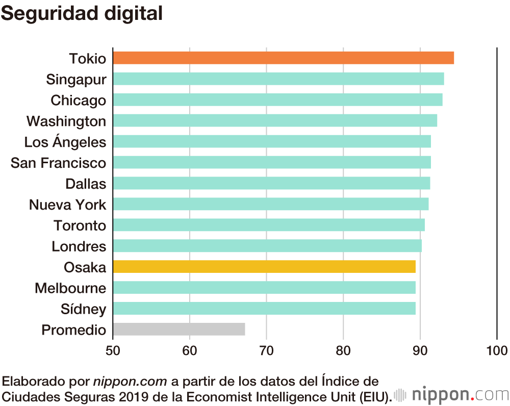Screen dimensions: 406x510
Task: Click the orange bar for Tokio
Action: [283, 58]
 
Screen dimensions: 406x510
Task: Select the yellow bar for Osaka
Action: [264, 267]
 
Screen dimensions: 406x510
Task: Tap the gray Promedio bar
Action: [178, 329]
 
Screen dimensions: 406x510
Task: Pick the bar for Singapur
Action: [278, 79]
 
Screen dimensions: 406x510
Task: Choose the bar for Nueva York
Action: [270, 205]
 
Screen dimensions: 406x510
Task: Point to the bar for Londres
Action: [267, 246]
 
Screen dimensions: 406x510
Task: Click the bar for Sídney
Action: [264, 309]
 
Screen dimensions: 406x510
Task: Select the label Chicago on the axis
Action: [78, 100]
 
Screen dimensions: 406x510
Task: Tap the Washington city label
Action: [66, 121]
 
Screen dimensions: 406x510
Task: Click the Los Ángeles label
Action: [65, 142]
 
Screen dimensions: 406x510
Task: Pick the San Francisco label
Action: [58, 163]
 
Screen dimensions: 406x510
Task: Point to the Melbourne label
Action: [70, 288]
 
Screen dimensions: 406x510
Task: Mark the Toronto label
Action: [80, 225]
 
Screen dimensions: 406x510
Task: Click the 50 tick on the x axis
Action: [113, 351]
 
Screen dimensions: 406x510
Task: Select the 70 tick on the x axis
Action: [266, 351]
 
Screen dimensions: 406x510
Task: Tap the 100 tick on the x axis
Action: [497, 351]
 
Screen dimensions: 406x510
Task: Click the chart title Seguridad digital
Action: [82, 14]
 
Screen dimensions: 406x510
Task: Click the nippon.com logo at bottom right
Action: [452, 395]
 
